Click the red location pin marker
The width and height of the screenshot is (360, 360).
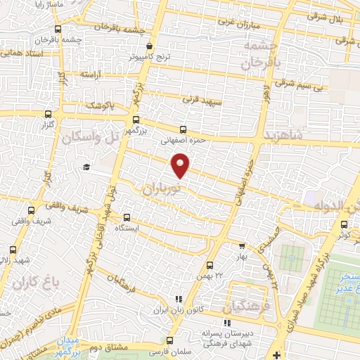point(181,165)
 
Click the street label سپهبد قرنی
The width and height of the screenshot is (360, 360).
point(203,101)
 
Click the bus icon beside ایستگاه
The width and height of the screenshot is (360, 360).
point(127,217)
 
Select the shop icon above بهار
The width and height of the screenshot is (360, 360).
point(242,246)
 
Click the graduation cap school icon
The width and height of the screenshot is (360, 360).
point(86,167)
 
